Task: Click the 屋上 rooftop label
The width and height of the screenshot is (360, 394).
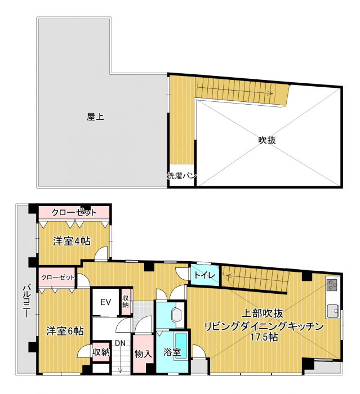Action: (x=95, y=117)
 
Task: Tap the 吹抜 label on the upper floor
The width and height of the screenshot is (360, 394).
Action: (x=267, y=140)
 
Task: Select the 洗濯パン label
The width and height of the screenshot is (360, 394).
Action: (x=181, y=176)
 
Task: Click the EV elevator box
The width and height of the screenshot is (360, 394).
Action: (x=105, y=302)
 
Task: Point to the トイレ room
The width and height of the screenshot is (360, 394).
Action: (x=205, y=275)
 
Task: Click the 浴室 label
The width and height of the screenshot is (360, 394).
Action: (x=172, y=352)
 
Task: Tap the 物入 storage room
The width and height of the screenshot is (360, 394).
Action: (x=143, y=354)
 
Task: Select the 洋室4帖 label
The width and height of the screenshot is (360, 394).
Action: (x=72, y=241)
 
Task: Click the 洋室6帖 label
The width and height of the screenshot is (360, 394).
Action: (x=65, y=331)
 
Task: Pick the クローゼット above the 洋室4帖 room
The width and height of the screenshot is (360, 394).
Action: (x=74, y=213)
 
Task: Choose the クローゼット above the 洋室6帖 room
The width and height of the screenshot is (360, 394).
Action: (x=57, y=277)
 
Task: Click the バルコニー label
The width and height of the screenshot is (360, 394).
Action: (x=26, y=301)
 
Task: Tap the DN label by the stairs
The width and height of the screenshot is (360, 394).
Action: (x=120, y=343)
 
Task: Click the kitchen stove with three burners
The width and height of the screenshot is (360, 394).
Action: (x=333, y=285)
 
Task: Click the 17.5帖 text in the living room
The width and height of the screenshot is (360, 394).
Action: (x=264, y=337)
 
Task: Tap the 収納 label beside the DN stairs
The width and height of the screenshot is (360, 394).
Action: (x=101, y=352)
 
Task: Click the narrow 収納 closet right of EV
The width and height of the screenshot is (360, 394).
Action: (x=125, y=302)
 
